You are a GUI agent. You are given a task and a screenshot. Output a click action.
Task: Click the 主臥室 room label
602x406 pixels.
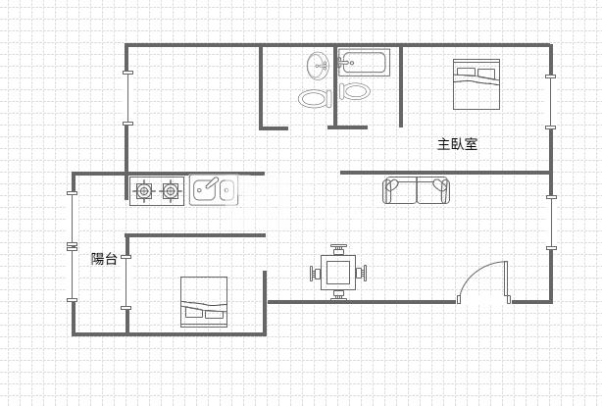(457, 144)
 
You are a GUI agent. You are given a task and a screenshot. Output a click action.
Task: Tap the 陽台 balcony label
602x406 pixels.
(104, 259)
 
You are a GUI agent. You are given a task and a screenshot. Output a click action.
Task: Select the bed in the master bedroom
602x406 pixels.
(477, 84)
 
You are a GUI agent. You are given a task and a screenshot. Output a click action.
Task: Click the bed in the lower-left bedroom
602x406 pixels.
(204, 302)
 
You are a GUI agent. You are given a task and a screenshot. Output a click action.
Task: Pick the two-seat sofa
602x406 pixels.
(416, 190)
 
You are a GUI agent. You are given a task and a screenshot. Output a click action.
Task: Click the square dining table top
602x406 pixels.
(338, 273)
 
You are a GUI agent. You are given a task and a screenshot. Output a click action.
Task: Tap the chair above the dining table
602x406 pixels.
(338, 249)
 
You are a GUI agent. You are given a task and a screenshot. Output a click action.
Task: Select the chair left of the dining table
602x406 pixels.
(315, 274)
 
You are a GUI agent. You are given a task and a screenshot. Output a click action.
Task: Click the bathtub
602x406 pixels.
(364, 62)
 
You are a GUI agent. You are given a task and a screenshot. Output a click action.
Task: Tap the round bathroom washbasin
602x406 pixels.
(318, 66)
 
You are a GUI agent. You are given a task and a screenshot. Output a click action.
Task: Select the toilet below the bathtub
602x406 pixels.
(355, 91)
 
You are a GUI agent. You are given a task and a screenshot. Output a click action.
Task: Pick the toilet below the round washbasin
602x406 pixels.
(315, 98)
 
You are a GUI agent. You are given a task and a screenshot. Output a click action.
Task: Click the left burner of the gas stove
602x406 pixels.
(143, 190)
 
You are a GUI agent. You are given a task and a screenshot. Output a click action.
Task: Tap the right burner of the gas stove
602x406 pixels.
(170, 190)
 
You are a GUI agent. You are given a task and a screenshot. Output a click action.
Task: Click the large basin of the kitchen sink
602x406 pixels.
(205, 189)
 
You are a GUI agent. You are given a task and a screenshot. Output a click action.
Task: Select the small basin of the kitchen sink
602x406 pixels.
(226, 189)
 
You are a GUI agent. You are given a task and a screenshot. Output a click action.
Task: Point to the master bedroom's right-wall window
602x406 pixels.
(551, 102)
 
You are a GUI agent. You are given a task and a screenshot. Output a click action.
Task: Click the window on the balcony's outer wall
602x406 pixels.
(72, 246)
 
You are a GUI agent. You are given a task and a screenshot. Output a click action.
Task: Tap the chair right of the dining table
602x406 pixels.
(361, 274)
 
